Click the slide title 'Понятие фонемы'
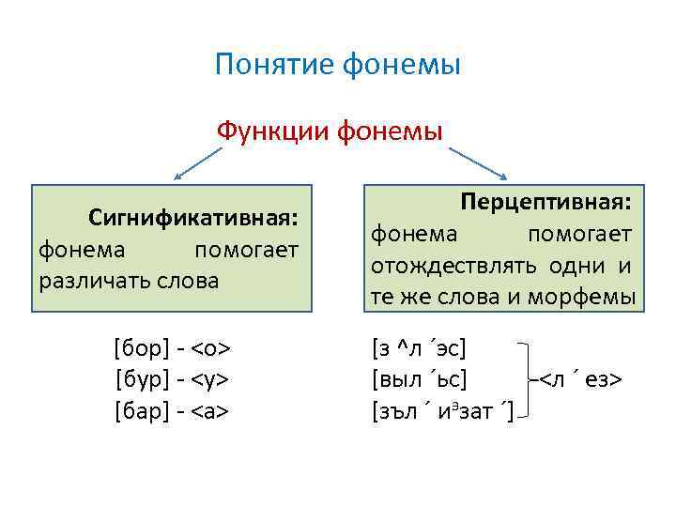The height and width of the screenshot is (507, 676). [x=337, y=65]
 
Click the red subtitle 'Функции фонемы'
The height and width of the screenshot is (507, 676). [x=330, y=129]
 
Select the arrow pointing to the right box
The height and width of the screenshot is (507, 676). [x=479, y=161]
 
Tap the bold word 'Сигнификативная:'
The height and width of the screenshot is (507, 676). [x=193, y=219]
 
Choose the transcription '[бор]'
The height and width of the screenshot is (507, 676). [x=141, y=349]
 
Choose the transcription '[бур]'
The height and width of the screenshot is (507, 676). [x=141, y=379]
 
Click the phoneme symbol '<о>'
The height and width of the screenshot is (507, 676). [x=211, y=349]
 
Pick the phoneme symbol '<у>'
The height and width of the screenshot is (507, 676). [x=211, y=379]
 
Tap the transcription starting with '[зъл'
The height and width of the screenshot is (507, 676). [x=442, y=410]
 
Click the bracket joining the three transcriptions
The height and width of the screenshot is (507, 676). [x=529, y=379]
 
